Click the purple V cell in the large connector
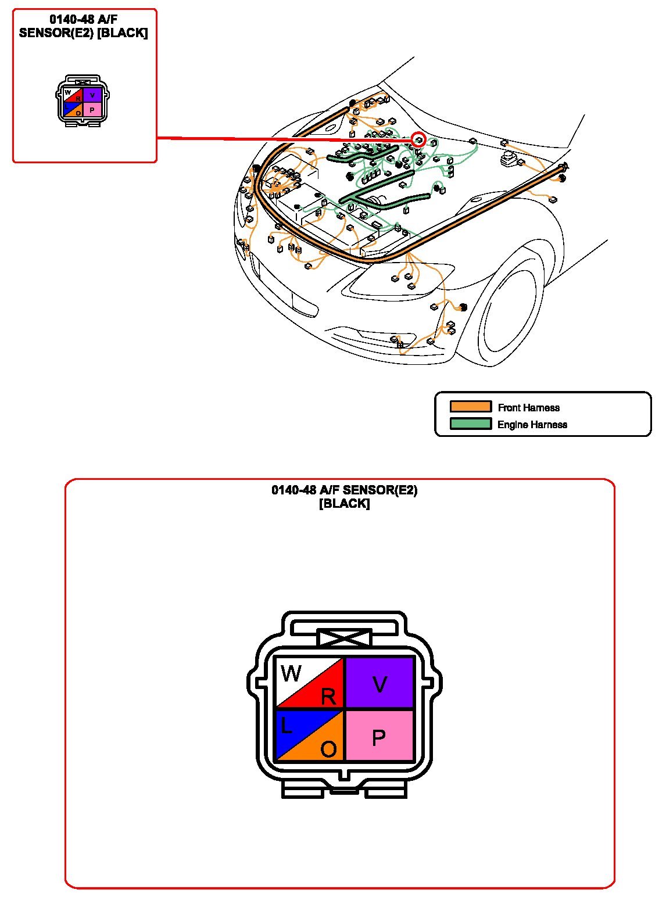pyautogui.click(x=379, y=682)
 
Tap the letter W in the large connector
pyautogui.click(x=291, y=673)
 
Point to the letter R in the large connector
pyautogui.click(x=328, y=696)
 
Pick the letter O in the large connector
pyautogui.click(x=328, y=749)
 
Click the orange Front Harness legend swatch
pyautogui.click(x=471, y=407)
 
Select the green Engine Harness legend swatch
pyautogui.click(x=471, y=424)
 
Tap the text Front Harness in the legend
pyautogui.click(x=529, y=408)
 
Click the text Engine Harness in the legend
pyautogui.click(x=532, y=425)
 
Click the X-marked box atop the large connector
pyautogui.click(x=344, y=638)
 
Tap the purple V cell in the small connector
pyautogui.click(x=92, y=95)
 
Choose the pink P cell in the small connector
pyautogui.click(x=92, y=109)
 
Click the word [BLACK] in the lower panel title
pyautogui.click(x=344, y=503)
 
